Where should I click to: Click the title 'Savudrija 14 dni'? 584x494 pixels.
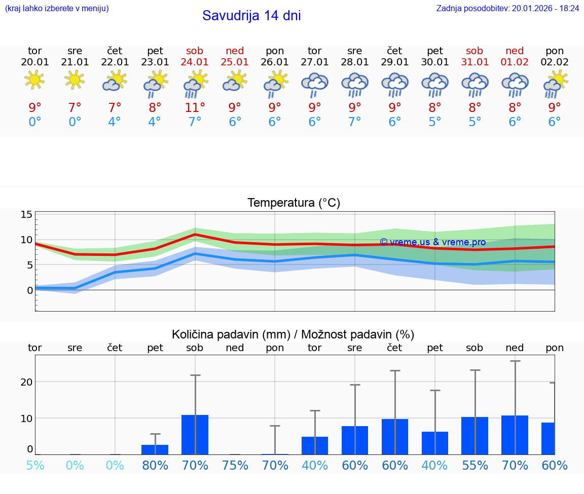(x=251, y=16)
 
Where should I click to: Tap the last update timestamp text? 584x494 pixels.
(x=507, y=8)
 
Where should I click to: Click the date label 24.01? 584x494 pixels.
(x=195, y=62)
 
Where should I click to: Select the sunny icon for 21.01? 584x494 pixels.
(x=75, y=80)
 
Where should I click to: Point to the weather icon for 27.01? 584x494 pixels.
(x=315, y=84)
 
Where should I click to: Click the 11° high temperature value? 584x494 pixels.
(x=195, y=107)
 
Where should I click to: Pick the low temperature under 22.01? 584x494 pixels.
(x=115, y=122)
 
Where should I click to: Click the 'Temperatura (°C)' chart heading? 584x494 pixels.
(x=294, y=203)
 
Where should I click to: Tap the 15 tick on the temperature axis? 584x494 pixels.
(x=26, y=214)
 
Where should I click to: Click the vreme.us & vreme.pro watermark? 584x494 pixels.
(x=432, y=242)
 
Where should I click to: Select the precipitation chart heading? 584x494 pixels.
(x=293, y=334)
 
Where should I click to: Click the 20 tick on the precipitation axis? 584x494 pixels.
(x=26, y=382)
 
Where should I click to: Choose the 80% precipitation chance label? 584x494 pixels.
(x=155, y=465)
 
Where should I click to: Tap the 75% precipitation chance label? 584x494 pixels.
(x=235, y=465)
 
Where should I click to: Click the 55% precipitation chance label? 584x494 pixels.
(x=475, y=465)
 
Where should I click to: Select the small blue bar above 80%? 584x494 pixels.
(x=155, y=450)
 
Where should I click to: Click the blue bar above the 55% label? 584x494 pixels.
(x=475, y=436)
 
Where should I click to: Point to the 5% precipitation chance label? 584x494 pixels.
(x=35, y=465)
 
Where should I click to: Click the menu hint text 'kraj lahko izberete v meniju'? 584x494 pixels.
(x=57, y=8)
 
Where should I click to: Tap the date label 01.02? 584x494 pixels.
(x=515, y=62)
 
